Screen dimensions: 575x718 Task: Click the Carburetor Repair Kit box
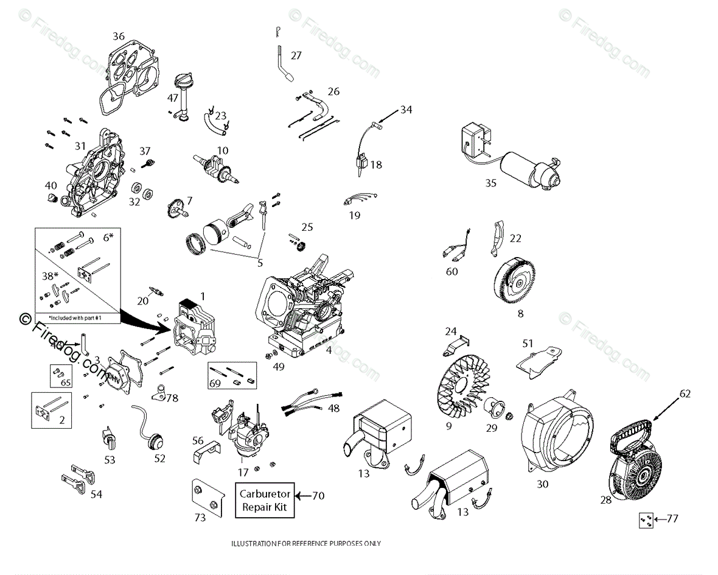click(265, 500)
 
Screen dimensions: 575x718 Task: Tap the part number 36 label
click(119, 37)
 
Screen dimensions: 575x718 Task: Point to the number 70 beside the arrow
click(319, 496)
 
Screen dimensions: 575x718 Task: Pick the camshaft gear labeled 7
click(176, 209)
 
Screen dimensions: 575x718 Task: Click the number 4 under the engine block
click(329, 350)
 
